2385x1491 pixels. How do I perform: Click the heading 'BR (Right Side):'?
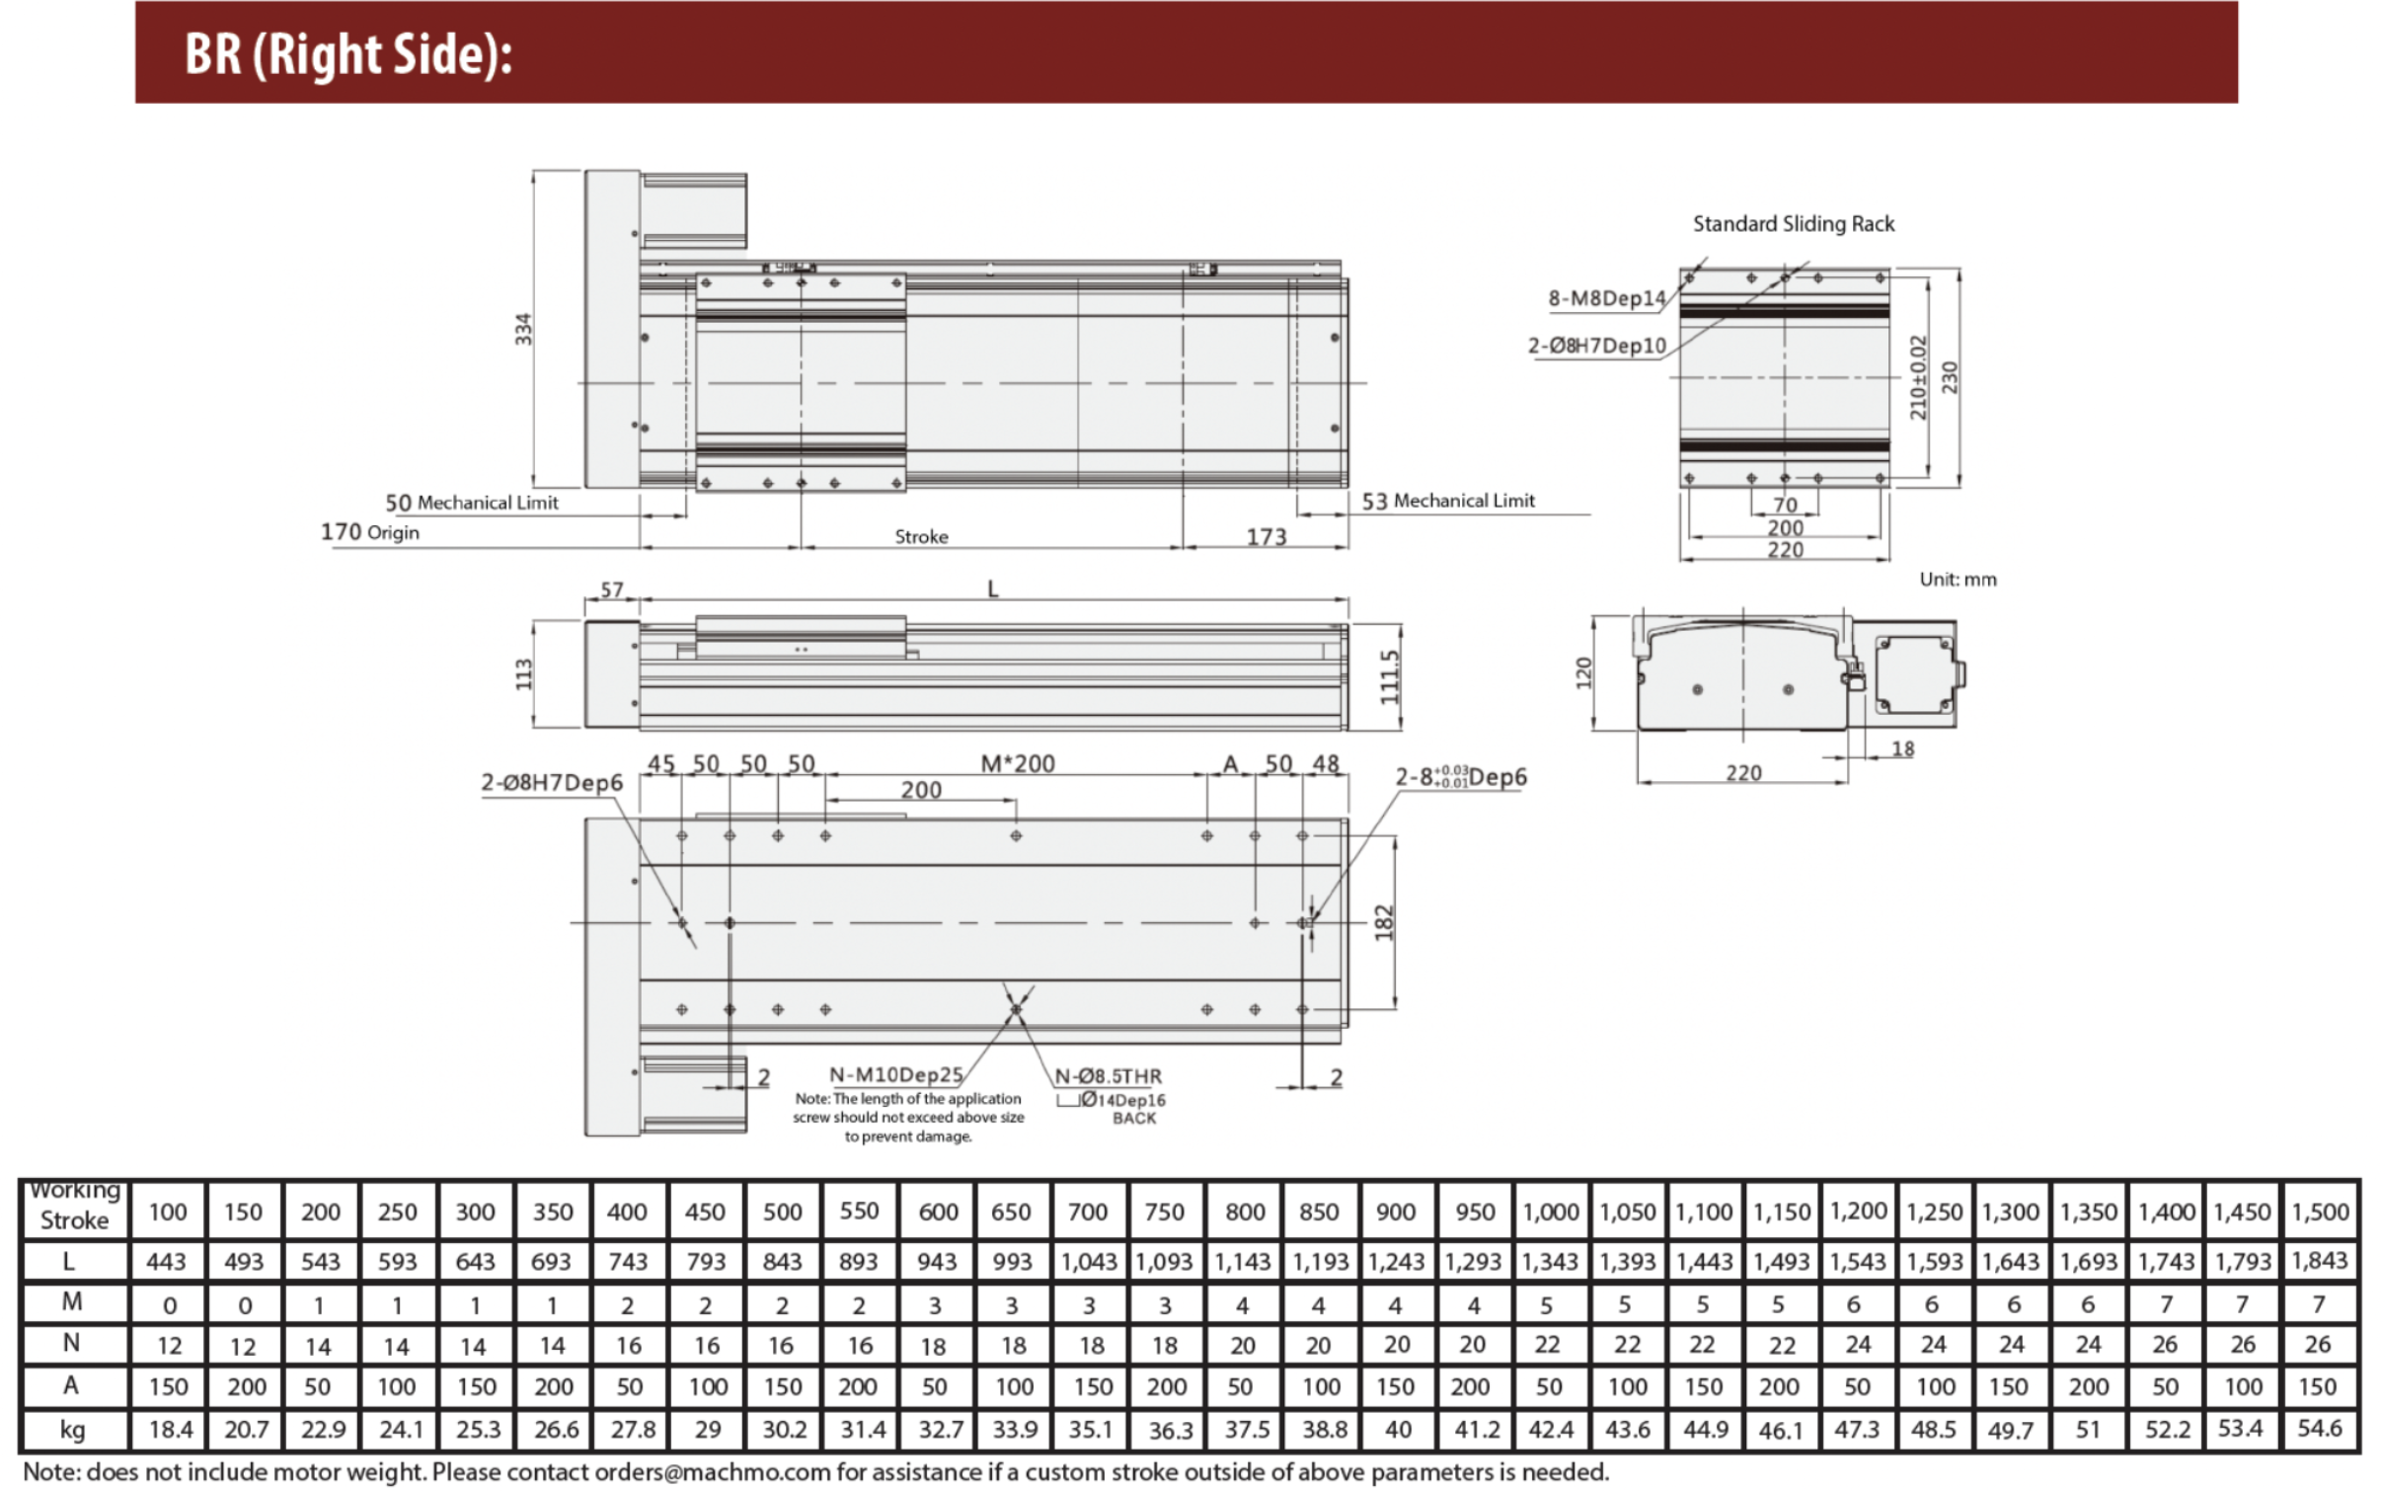click(348, 53)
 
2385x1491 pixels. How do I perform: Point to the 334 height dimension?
click(523, 329)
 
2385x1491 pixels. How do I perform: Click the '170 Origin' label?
click(370, 532)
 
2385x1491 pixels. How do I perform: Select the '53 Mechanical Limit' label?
click(1448, 501)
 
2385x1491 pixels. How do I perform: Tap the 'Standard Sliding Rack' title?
click(1794, 224)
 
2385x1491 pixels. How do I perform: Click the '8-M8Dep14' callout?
click(1606, 298)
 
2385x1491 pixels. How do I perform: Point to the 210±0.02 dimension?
click(1918, 377)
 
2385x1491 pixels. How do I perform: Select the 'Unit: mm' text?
click(1958, 580)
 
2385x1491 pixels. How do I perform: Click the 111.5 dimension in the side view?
click(1389, 676)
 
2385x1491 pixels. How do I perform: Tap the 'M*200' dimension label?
click(1018, 763)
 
